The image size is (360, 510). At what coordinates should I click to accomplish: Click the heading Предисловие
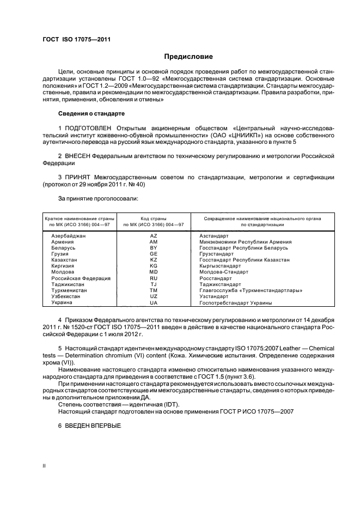pos(188,56)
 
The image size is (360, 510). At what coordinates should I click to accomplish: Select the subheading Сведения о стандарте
pos(91,113)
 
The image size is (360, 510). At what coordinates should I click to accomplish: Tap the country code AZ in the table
pos(153,235)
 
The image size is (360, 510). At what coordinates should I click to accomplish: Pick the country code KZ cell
pos(153,260)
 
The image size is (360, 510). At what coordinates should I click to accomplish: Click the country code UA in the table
pos(153,302)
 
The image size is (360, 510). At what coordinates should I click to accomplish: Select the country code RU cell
pos(153,278)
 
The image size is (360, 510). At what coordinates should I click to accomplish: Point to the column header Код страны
pos(153,218)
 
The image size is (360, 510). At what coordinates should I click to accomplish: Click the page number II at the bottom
pos(45,466)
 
